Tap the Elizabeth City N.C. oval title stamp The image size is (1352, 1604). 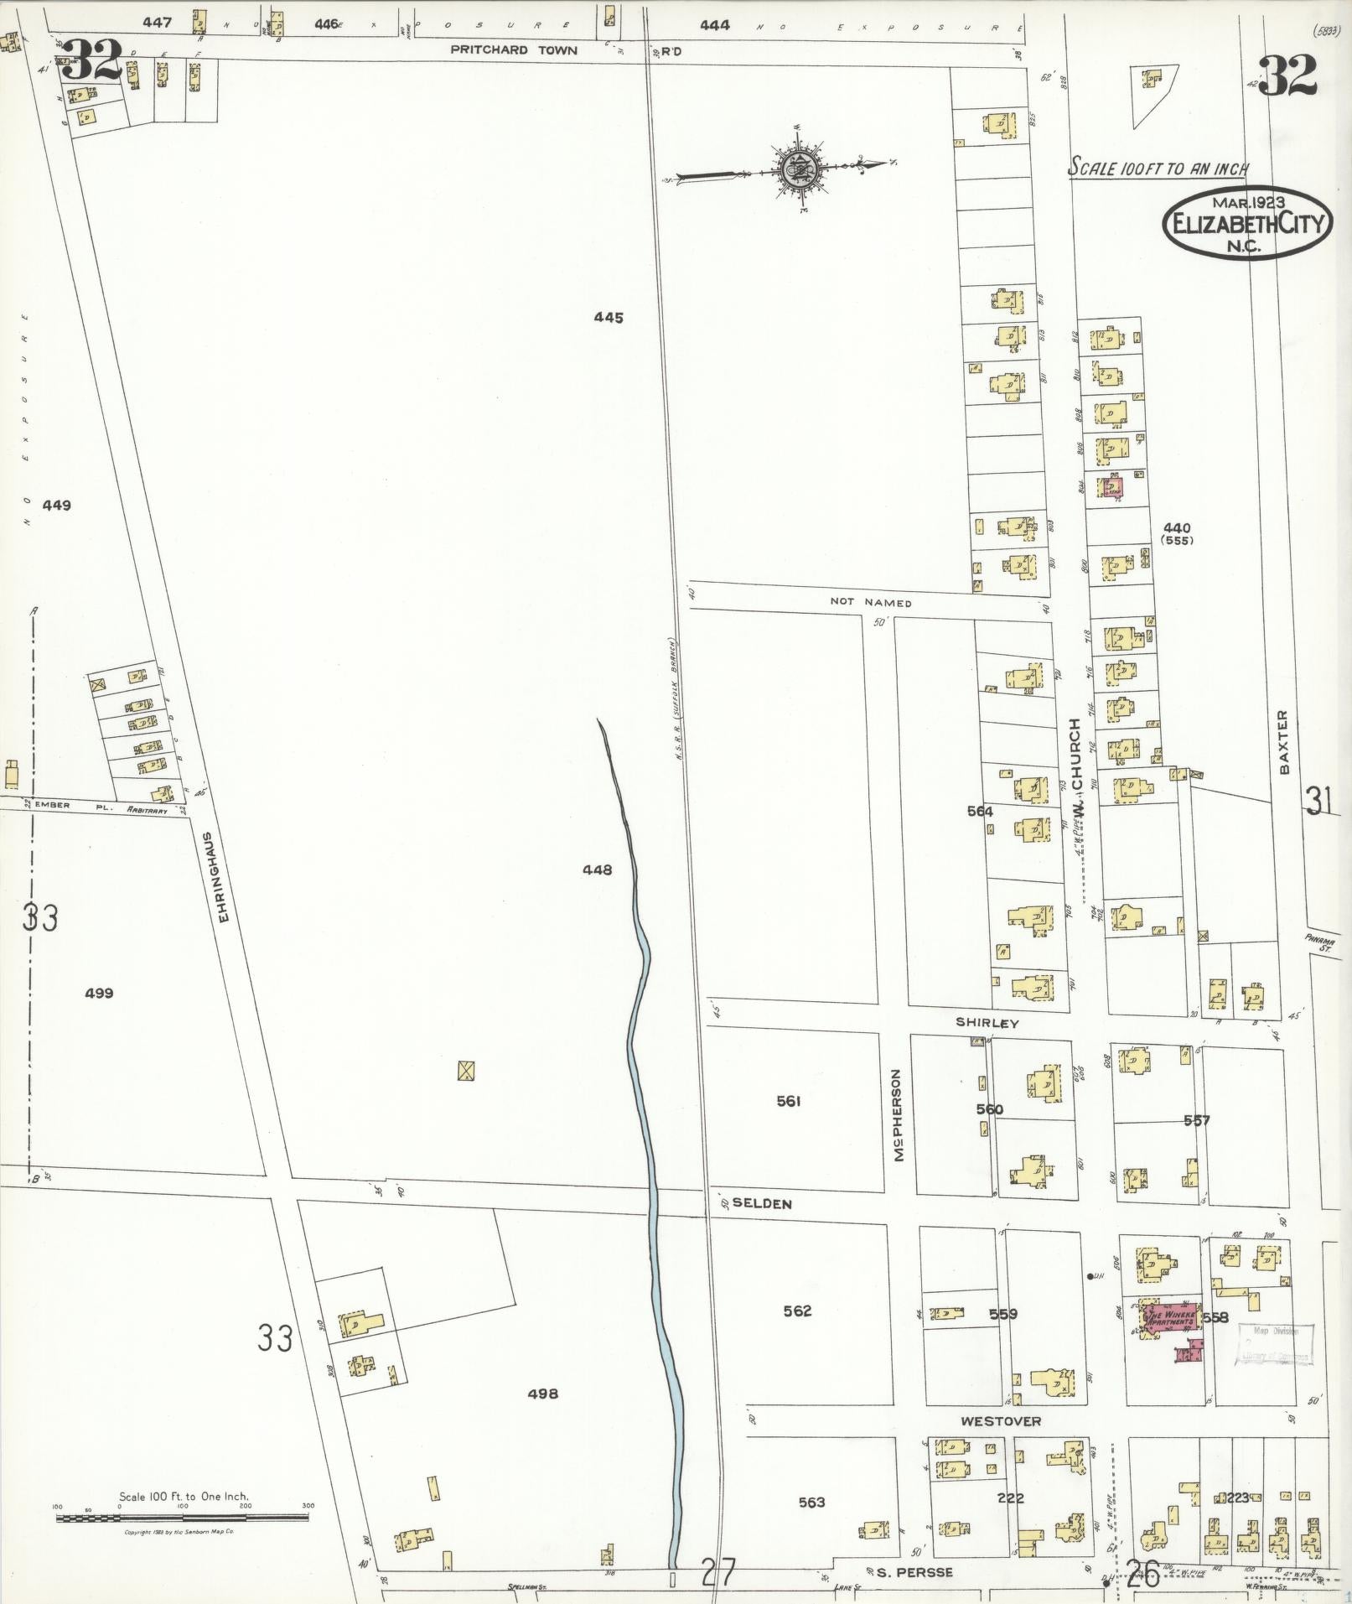1246,223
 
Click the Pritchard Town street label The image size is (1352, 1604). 514,50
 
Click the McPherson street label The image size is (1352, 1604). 899,1114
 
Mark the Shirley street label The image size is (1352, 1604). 987,1023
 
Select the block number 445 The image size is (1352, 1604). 609,318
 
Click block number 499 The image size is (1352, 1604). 99,994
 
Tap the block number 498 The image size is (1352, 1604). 543,1394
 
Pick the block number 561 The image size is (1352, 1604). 789,1101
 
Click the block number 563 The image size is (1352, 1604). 811,1502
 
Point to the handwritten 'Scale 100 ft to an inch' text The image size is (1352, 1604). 1158,168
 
